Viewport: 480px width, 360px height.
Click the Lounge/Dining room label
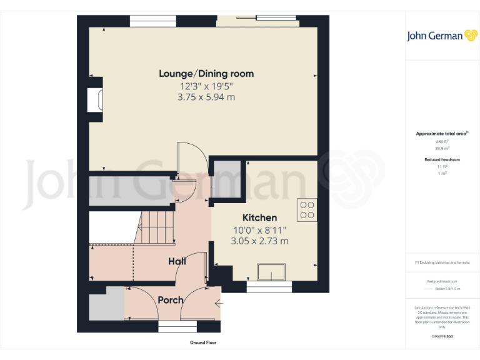206,74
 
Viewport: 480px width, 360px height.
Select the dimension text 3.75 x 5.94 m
206,97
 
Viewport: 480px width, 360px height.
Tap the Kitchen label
259,217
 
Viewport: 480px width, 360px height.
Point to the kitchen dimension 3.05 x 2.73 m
259,241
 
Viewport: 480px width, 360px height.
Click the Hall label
177,261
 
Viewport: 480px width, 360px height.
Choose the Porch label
170,300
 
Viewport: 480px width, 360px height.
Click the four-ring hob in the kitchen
307,209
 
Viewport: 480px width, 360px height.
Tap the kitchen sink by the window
271,272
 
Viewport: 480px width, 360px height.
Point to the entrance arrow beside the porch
218,304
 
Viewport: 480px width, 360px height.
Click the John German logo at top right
442,36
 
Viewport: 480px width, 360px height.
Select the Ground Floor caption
203,342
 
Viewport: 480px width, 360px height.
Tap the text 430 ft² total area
442,142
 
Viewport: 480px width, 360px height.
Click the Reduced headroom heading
442,160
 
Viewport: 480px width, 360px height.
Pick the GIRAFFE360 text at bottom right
442,337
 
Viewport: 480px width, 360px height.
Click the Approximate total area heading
442,134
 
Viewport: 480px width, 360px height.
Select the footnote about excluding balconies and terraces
442,262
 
